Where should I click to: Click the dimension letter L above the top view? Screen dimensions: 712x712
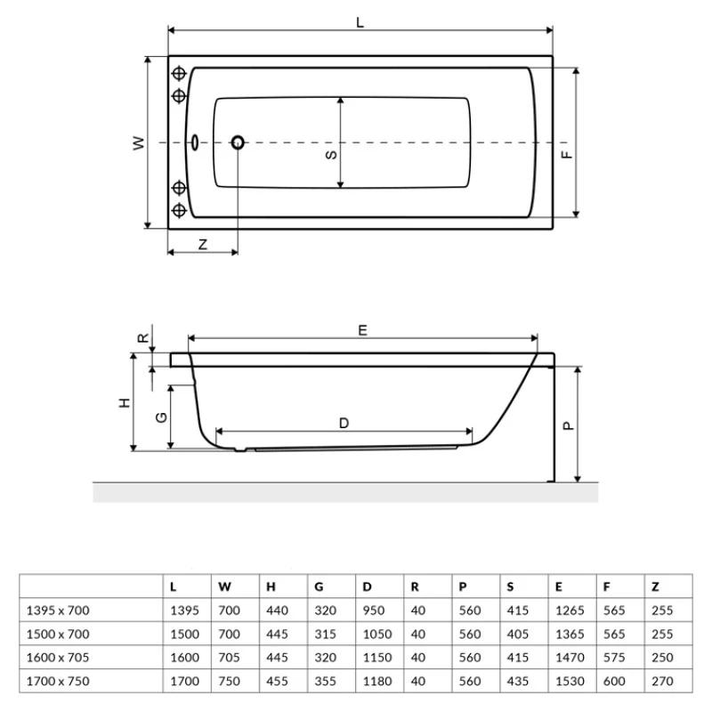click(360, 24)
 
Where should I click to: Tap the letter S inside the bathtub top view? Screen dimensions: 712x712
click(330, 154)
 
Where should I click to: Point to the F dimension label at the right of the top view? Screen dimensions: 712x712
click(568, 154)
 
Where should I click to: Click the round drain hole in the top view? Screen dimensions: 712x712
click(238, 142)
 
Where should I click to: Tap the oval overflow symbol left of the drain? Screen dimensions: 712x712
click(197, 142)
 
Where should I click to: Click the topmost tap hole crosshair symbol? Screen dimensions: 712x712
click(179, 74)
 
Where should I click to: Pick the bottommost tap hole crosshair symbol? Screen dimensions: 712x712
click(179, 210)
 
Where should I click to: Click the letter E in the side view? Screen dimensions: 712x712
click(362, 329)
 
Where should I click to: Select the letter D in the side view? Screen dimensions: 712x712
click(344, 424)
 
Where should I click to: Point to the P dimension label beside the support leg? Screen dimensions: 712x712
click(569, 425)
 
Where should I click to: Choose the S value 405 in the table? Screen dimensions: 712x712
click(516, 634)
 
